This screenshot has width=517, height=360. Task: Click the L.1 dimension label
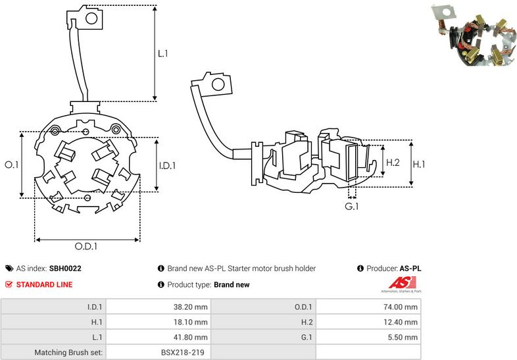(163, 53)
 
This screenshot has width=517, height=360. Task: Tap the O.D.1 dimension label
(86, 246)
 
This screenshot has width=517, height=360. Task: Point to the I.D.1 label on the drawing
(167, 165)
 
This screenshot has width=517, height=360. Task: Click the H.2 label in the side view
(393, 161)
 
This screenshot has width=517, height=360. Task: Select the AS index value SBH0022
(65, 269)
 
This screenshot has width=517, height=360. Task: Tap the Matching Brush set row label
(68, 353)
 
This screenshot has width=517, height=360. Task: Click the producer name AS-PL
(410, 269)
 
